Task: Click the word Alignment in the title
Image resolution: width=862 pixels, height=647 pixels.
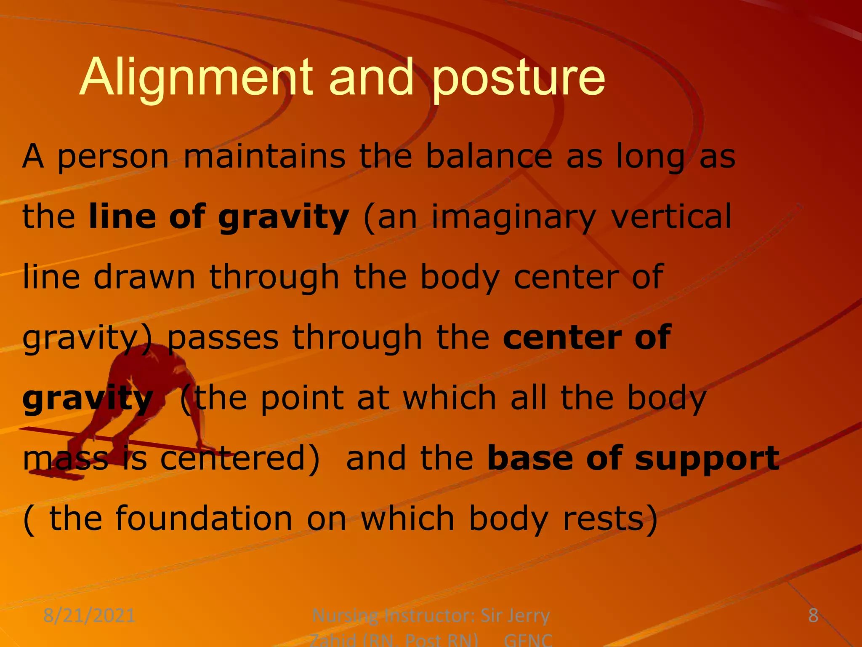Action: click(x=196, y=78)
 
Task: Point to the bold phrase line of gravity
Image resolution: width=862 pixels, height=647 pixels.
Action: click(x=219, y=217)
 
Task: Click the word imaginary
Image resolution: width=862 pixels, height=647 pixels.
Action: click(x=514, y=217)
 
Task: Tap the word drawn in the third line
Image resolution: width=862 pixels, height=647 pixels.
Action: click(x=144, y=277)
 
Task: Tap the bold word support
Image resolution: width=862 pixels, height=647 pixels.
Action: click(x=707, y=459)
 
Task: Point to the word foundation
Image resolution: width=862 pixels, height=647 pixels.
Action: click(x=204, y=518)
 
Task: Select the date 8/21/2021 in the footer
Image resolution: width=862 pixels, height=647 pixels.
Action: click(x=89, y=615)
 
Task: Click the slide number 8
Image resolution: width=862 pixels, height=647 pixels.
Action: click(x=813, y=615)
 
